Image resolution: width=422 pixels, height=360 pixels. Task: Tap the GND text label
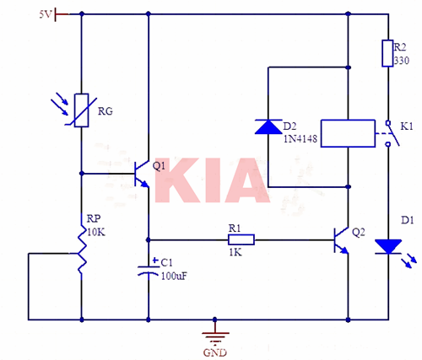point(216,352)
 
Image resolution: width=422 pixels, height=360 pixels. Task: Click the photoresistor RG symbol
point(81,110)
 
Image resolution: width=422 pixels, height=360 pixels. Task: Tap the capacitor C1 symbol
point(149,270)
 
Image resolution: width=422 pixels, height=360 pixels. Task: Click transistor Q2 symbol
point(341,240)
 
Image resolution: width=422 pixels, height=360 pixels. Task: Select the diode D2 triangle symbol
point(268,126)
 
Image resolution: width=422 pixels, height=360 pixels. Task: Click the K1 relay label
point(407,126)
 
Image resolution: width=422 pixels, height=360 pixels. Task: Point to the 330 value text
point(401,61)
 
